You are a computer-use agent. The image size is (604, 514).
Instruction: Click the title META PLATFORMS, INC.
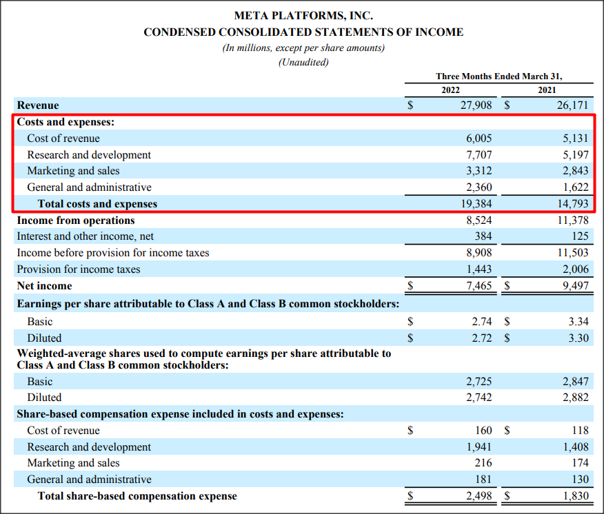(x=303, y=15)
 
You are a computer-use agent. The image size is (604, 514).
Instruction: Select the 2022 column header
(x=450, y=90)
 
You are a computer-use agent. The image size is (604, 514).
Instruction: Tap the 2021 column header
(x=547, y=90)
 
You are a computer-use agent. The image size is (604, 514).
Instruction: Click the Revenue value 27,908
(x=475, y=105)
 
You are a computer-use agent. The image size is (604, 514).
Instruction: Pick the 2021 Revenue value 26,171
(x=572, y=105)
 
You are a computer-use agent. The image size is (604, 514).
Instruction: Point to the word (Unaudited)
(x=303, y=62)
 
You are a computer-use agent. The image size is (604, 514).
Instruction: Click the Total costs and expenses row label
(x=97, y=204)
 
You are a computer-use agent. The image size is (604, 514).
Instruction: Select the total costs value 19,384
(x=475, y=204)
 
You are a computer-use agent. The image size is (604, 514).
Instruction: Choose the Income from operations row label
(x=76, y=220)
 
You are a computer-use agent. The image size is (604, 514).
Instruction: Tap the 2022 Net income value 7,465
(x=478, y=286)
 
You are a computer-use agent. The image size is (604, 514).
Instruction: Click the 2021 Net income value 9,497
(x=574, y=286)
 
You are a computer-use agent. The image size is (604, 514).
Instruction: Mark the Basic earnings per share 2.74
(x=481, y=322)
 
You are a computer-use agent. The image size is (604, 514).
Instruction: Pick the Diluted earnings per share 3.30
(x=578, y=338)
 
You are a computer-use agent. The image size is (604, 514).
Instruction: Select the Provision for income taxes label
(x=79, y=269)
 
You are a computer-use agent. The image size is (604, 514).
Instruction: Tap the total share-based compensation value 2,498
(x=478, y=496)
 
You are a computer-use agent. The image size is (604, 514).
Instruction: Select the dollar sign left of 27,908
(x=411, y=106)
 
